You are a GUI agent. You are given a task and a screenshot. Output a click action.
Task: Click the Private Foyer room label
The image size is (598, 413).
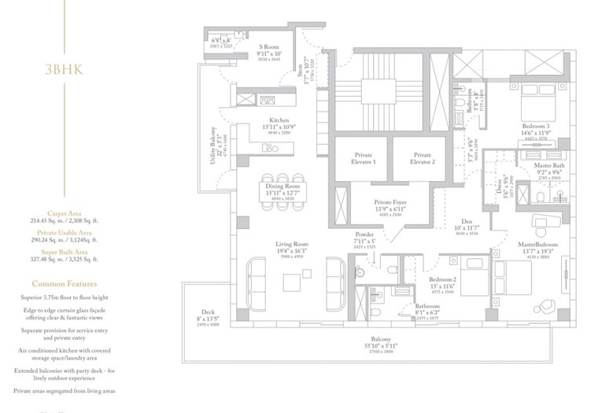click(388, 203)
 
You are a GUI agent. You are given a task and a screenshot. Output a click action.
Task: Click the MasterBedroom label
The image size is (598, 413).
click(538, 245)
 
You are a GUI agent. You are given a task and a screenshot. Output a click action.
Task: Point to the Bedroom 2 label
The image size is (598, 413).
click(443, 279)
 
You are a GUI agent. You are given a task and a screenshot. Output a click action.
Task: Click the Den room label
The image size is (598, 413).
click(467, 223)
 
